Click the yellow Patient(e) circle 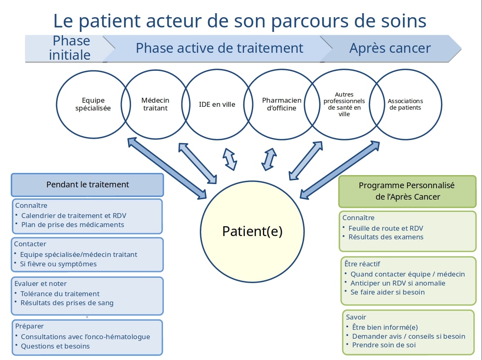click(252, 231)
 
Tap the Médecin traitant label click(155, 104)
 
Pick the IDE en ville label click(217, 104)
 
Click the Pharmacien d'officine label click(282, 104)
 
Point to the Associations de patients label click(405, 104)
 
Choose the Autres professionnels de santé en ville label click(344, 104)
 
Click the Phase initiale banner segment click(70, 48)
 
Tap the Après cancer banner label click(390, 48)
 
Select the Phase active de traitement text click(220, 48)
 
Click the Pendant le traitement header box click(87, 184)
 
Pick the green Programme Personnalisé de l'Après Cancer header click(407, 191)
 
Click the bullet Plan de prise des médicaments click(72, 225)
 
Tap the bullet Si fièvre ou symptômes click(58, 264)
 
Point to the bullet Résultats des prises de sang click(67, 303)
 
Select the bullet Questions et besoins click(55, 346)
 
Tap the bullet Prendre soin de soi click(384, 345)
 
